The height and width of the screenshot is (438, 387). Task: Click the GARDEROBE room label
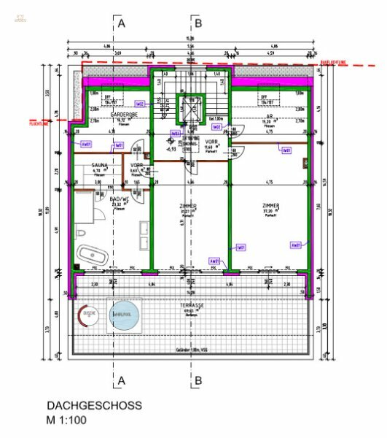(x=119, y=115)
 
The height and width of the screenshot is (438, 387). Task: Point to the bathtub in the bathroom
(x=93, y=257)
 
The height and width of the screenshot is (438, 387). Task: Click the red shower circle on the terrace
(x=90, y=315)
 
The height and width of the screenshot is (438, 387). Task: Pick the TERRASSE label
(x=193, y=306)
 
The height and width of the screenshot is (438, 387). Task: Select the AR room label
(x=269, y=115)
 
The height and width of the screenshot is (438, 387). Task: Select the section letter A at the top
(x=122, y=24)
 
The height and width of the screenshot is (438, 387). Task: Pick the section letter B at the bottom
(x=197, y=380)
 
